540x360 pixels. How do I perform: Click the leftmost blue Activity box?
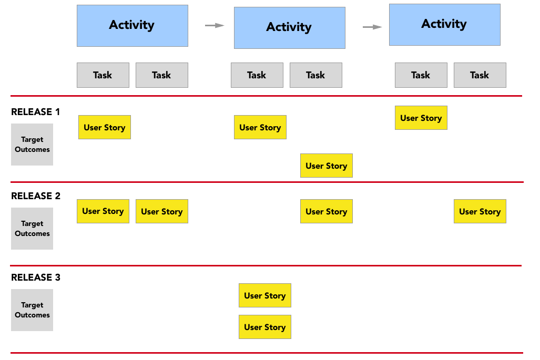132,26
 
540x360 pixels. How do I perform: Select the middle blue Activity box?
289,28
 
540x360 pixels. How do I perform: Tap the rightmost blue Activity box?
444,25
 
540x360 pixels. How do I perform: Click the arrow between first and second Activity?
215,25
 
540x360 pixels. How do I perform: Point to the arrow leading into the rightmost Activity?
372,27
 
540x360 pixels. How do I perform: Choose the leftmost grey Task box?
103,75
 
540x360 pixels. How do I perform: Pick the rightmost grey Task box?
480,75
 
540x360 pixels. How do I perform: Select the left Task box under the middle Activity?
257,75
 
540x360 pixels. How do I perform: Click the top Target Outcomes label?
32,145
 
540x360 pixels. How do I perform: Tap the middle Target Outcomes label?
32,229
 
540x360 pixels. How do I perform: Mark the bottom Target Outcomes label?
32,310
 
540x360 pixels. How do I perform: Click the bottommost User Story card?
264,327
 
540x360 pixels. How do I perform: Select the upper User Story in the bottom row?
264,295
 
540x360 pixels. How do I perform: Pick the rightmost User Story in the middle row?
480,211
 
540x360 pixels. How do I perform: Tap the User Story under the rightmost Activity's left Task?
421,118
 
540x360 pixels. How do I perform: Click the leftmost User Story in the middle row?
103,211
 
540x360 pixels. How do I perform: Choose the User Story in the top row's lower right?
326,166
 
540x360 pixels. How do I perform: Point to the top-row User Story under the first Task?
104,127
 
